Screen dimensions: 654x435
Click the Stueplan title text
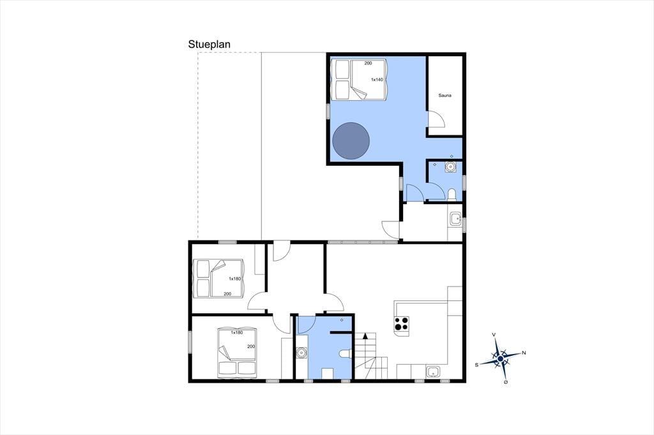(209, 45)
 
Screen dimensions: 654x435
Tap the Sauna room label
(445, 96)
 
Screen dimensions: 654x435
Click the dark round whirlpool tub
(351, 140)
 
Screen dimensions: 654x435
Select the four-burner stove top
(402, 324)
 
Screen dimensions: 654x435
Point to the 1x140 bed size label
(377, 80)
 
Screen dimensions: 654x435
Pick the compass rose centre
(501, 358)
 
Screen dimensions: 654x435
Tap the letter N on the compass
(524, 353)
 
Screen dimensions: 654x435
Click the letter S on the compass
(476, 365)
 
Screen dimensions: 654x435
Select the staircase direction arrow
(366, 335)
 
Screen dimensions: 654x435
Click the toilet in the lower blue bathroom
(346, 354)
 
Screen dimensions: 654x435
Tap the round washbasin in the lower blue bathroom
(301, 353)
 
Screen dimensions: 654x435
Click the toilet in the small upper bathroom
(452, 195)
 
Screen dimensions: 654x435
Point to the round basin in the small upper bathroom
(450, 166)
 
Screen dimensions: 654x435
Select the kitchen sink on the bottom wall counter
(432, 372)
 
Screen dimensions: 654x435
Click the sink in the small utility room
(455, 219)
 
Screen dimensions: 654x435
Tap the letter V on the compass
(494, 335)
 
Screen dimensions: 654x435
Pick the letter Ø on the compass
(506, 381)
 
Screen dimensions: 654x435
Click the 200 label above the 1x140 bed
(368, 63)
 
